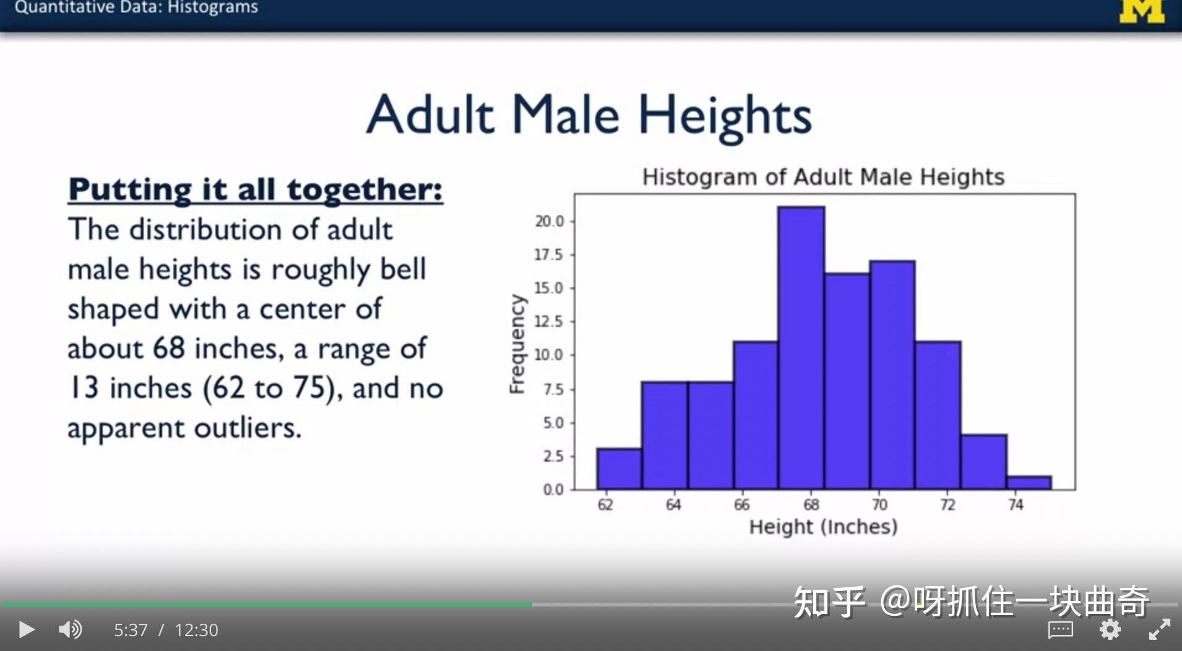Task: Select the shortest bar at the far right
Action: pos(1029,483)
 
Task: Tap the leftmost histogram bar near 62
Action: pos(619,468)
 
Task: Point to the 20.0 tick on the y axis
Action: pos(550,221)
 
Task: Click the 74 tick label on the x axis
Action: pos(1016,505)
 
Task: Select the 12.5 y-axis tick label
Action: pos(550,321)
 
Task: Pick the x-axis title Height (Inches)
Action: pos(823,527)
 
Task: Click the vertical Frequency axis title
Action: pos(517,344)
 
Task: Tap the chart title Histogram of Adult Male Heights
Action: pos(823,177)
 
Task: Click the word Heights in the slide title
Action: pos(725,116)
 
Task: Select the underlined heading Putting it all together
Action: pos(256,189)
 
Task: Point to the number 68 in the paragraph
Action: pos(168,348)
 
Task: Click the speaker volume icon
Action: pos(70,629)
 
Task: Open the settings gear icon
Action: pos(1110,629)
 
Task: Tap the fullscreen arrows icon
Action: pos(1159,629)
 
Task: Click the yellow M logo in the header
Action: pos(1142,11)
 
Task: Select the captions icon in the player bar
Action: pos(1060,630)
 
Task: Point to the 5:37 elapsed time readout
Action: pos(131,630)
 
